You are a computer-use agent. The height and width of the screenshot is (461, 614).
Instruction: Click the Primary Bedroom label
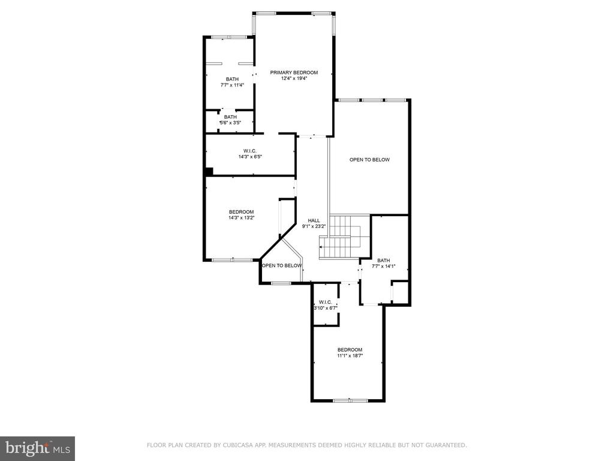pyautogui.click(x=294, y=73)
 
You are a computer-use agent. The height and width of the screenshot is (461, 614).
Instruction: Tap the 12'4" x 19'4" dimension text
pyautogui.click(x=294, y=79)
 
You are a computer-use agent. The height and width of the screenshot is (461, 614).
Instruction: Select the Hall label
pyautogui.click(x=314, y=221)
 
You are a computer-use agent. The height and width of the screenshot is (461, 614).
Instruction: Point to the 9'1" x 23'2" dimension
pyautogui.click(x=314, y=226)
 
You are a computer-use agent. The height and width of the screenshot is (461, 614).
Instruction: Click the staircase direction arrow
pyautogui.click(x=321, y=247)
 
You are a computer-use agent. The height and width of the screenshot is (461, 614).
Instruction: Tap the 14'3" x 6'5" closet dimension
pyautogui.click(x=250, y=157)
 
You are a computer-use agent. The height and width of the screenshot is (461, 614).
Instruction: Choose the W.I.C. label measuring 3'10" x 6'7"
pyautogui.click(x=326, y=303)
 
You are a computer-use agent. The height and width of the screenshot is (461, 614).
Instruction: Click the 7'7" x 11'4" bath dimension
pyautogui.click(x=232, y=85)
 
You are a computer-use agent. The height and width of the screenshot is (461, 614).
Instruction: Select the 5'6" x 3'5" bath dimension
pyautogui.click(x=230, y=122)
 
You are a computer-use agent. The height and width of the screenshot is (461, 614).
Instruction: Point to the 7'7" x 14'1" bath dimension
pyautogui.click(x=383, y=266)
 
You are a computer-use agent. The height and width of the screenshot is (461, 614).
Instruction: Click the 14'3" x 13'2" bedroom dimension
pyautogui.click(x=242, y=217)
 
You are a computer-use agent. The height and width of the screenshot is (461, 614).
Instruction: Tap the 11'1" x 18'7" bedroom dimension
pyautogui.click(x=350, y=355)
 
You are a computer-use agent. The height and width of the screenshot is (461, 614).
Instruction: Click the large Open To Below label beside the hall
pyautogui.click(x=369, y=160)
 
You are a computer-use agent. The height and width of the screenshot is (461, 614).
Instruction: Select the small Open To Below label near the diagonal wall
pyautogui.click(x=282, y=266)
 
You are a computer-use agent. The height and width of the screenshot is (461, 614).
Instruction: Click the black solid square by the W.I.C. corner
pyautogui.click(x=209, y=172)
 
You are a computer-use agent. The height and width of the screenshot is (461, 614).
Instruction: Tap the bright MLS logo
pyautogui.click(x=38, y=448)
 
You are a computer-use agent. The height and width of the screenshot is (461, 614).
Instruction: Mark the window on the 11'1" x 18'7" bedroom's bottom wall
pyautogui.click(x=350, y=400)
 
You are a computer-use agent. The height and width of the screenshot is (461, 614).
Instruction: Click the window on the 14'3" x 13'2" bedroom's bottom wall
pyautogui.click(x=233, y=259)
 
